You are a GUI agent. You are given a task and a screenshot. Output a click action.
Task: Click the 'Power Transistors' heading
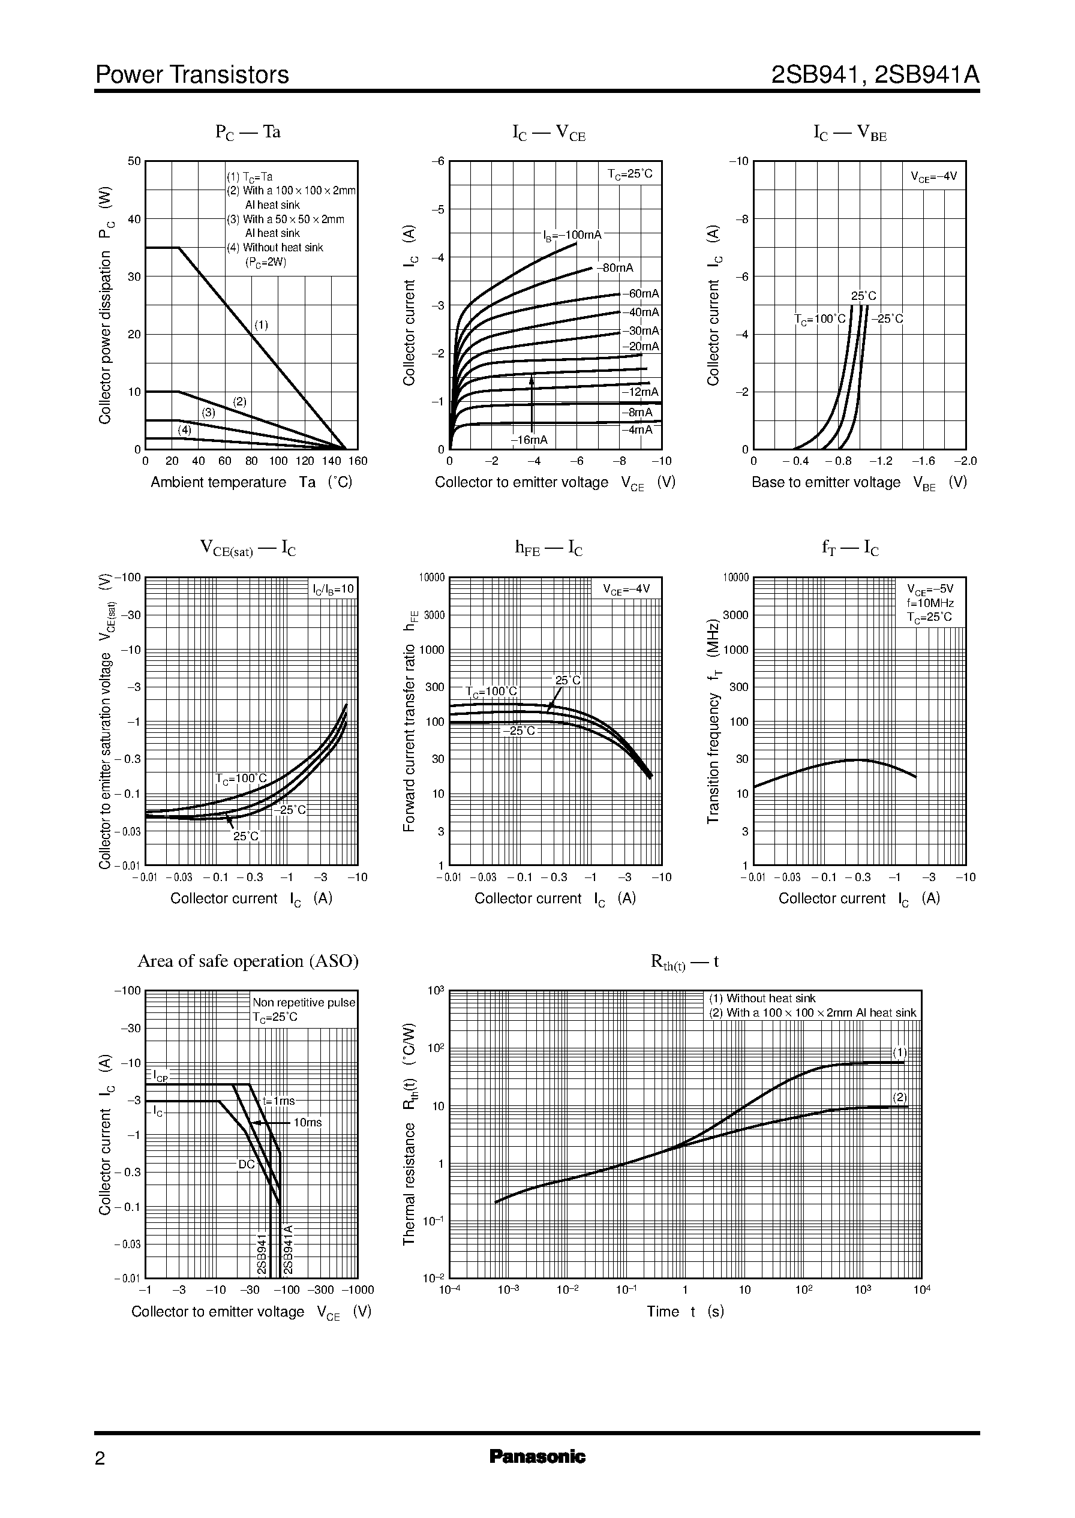(x=192, y=75)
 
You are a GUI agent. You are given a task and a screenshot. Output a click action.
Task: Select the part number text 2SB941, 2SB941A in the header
(x=875, y=75)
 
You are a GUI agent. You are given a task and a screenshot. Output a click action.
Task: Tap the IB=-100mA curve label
(x=572, y=235)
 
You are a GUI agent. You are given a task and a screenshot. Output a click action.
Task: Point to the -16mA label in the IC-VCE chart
(x=529, y=440)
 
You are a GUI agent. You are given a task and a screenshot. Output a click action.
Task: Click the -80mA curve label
(x=615, y=268)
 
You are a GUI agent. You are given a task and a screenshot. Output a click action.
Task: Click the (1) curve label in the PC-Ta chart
(x=262, y=325)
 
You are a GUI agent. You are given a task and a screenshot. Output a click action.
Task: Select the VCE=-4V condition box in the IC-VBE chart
(x=933, y=177)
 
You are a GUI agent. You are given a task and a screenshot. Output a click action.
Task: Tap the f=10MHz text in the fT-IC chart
(x=930, y=603)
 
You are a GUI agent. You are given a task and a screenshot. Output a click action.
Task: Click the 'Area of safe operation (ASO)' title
(x=248, y=961)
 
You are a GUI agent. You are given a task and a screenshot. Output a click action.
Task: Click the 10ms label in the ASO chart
(x=307, y=1122)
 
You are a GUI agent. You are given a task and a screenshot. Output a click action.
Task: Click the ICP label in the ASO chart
(x=160, y=1075)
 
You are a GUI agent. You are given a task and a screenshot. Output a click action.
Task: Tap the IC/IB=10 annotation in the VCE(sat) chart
(x=334, y=589)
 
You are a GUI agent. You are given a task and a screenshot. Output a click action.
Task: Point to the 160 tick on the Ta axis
(x=358, y=461)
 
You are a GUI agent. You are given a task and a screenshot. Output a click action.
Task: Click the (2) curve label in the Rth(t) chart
(x=899, y=1097)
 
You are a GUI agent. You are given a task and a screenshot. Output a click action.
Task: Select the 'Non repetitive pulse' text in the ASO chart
(x=304, y=1003)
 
